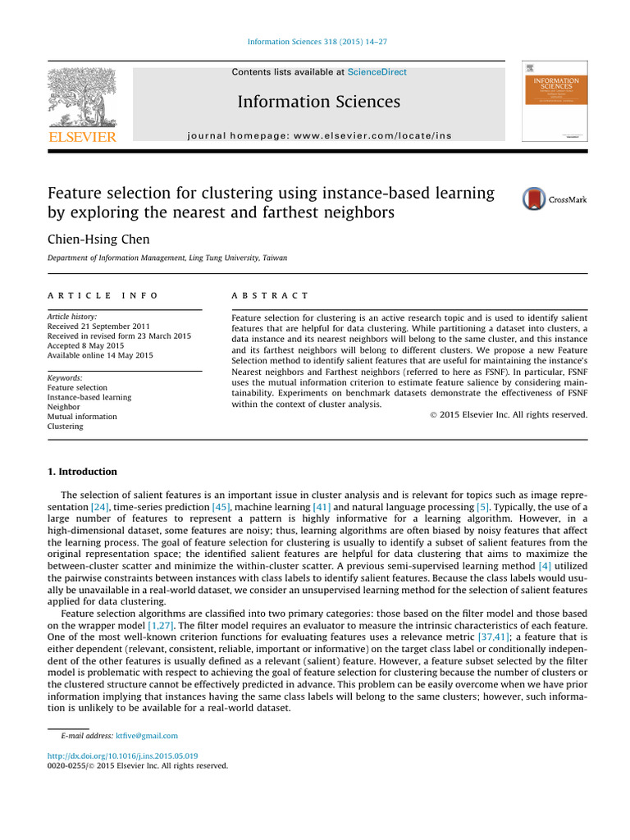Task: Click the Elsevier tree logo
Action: [82, 97]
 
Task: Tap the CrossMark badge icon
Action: [534, 199]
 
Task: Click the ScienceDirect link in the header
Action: [377, 72]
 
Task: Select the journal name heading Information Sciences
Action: [318, 102]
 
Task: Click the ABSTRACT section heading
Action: [271, 295]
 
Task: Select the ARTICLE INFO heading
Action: [103, 295]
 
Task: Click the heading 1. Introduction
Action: [82, 472]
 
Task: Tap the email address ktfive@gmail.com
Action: [147, 736]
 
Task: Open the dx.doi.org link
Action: [122, 756]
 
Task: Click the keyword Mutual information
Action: [82, 417]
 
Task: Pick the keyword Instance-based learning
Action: [89, 397]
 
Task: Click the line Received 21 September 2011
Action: [98, 326]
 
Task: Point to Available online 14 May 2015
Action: [99, 355]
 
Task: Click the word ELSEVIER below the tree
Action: [82, 136]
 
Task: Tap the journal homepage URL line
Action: [318, 135]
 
